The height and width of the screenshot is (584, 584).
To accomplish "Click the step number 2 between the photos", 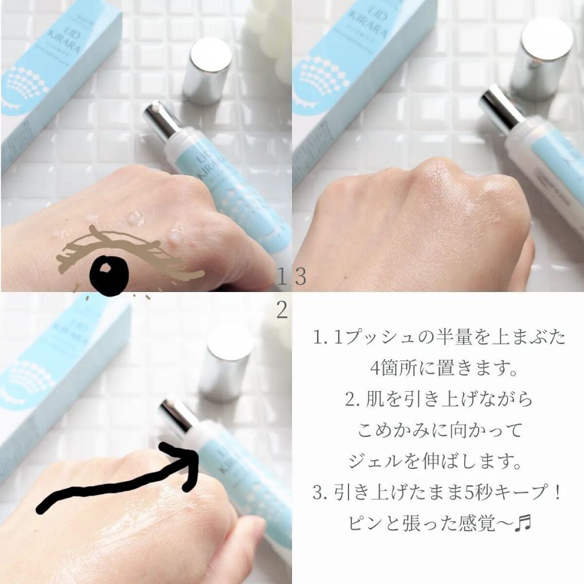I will click(x=281, y=310).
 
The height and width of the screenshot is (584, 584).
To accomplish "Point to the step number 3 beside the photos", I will click(x=300, y=278).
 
